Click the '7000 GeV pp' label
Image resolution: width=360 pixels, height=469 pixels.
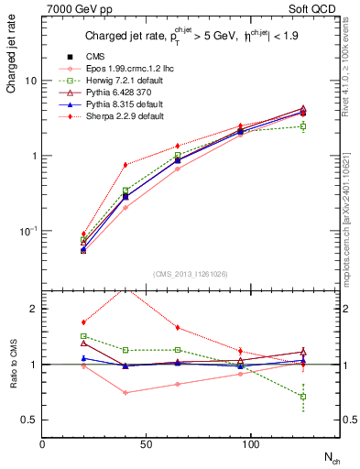tap(74, 10)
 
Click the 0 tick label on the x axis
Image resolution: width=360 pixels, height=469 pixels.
tap(43, 443)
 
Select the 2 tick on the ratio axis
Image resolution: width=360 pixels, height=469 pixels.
tap(35, 310)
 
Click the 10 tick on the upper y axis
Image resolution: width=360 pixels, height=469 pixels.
tap(31, 81)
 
